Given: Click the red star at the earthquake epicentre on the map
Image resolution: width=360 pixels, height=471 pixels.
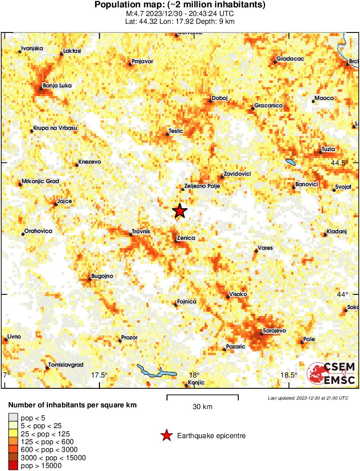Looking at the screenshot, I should [x=180, y=211].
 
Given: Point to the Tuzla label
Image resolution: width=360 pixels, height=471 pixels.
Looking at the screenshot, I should [x=329, y=149].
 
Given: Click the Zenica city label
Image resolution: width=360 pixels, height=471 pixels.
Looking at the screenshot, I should [x=186, y=238].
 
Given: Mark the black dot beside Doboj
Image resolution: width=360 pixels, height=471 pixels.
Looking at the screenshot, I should [x=211, y=101].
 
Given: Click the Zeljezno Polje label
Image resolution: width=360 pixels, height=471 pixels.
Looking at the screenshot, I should [x=203, y=186].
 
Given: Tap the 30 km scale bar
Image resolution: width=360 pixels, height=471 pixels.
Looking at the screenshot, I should [x=202, y=395].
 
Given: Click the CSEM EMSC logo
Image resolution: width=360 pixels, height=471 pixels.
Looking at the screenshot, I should [x=331, y=373].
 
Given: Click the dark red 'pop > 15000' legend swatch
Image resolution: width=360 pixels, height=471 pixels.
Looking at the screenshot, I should [x=13, y=466].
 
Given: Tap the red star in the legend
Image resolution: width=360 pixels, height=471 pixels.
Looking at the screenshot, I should [x=166, y=436].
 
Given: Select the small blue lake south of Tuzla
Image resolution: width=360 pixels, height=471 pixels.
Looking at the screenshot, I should [x=290, y=163].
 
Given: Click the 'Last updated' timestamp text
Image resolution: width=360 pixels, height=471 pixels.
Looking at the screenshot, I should [x=308, y=398].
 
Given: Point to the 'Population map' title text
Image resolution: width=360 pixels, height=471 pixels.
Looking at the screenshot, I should [x=180, y=5].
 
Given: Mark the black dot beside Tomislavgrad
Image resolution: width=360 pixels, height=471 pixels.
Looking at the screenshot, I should [x=48, y=368].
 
